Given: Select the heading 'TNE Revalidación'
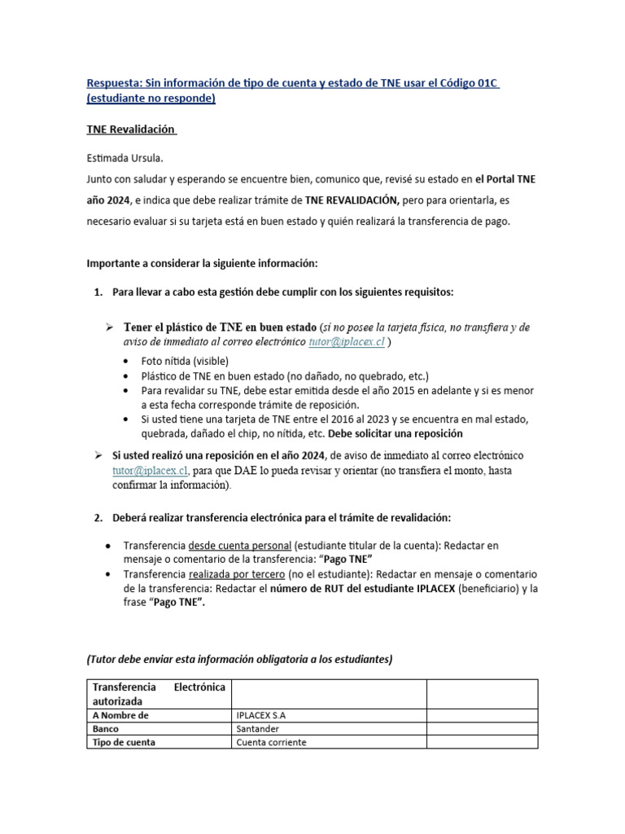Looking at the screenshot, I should (130, 130).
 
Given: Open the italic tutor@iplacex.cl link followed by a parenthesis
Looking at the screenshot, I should (346, 343).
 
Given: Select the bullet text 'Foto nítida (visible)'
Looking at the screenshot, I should (184, 361).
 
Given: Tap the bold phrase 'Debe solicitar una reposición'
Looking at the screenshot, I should (396, 433).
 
